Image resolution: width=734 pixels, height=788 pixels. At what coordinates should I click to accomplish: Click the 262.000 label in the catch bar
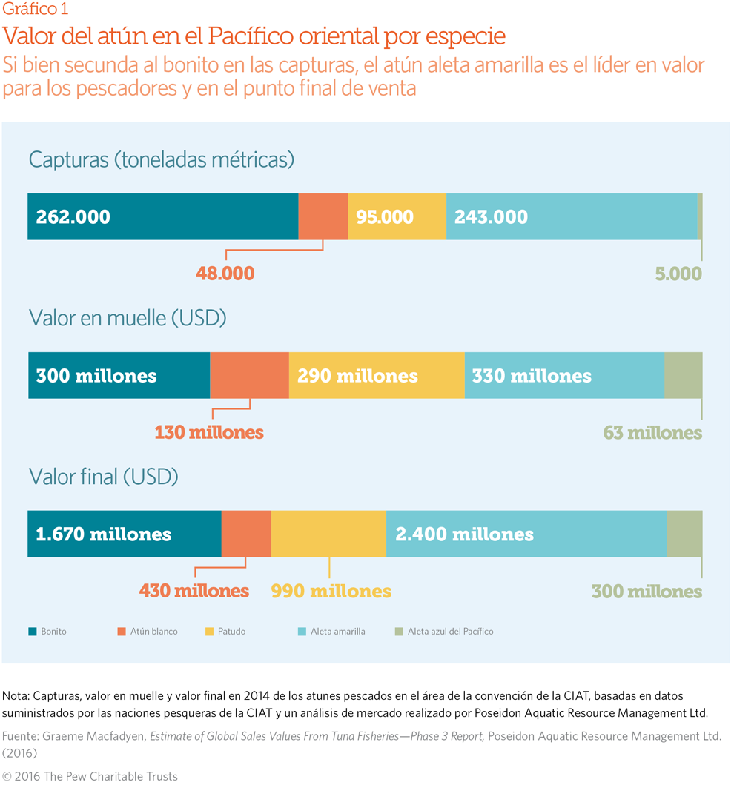click(73, 217)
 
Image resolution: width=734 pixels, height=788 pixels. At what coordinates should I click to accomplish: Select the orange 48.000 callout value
click(225, 274)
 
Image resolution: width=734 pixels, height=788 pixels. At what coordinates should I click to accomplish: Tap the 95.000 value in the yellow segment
click(385, 217)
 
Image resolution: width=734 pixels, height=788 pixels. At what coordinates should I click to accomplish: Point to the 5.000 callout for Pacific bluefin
click(678, 274)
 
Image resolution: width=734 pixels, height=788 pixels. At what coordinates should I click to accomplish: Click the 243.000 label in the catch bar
click(491, 217)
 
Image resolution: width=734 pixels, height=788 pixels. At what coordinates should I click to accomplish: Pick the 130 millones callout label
click(209, 432)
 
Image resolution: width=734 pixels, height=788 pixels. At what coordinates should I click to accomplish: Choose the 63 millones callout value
click(652, 432)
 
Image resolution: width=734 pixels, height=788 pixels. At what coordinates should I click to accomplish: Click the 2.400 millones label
click(464, 534)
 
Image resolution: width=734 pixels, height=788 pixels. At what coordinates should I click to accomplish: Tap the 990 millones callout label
click(331, 591)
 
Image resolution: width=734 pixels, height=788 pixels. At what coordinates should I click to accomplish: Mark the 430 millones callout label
click(194, 591)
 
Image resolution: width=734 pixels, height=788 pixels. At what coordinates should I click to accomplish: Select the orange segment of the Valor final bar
click(246, 534)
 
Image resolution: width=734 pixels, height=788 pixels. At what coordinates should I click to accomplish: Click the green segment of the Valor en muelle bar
click(683, 375)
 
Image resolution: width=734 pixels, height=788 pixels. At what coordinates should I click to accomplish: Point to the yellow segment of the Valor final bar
click(328, 534)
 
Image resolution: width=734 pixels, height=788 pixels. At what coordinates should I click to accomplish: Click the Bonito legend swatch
click(33, 632)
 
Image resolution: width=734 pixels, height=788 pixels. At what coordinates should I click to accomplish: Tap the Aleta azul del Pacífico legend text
click(450, 632)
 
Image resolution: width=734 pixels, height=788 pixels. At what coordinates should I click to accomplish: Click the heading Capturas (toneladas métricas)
click(162, 159)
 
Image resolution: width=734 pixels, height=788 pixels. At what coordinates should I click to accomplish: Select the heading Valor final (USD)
click(104, 477)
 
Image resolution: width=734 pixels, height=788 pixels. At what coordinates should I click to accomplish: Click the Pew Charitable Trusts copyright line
click(90, 776)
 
